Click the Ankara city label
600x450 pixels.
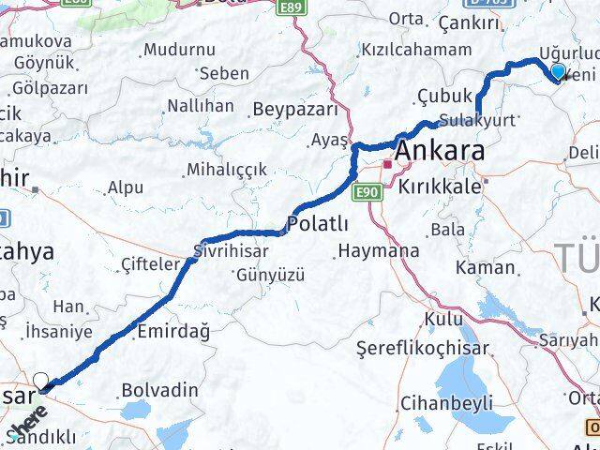(x=440, y=151)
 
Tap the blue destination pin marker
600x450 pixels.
(x=559, y=72)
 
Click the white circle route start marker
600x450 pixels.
(x=41, y=381)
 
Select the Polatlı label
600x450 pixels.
(x=319, y=224)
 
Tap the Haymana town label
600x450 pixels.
(x=379, y=251)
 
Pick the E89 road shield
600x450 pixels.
(x=292, y=7)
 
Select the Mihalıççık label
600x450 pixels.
(x=227, y=169)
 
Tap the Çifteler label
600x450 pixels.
(x=150, y=265)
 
